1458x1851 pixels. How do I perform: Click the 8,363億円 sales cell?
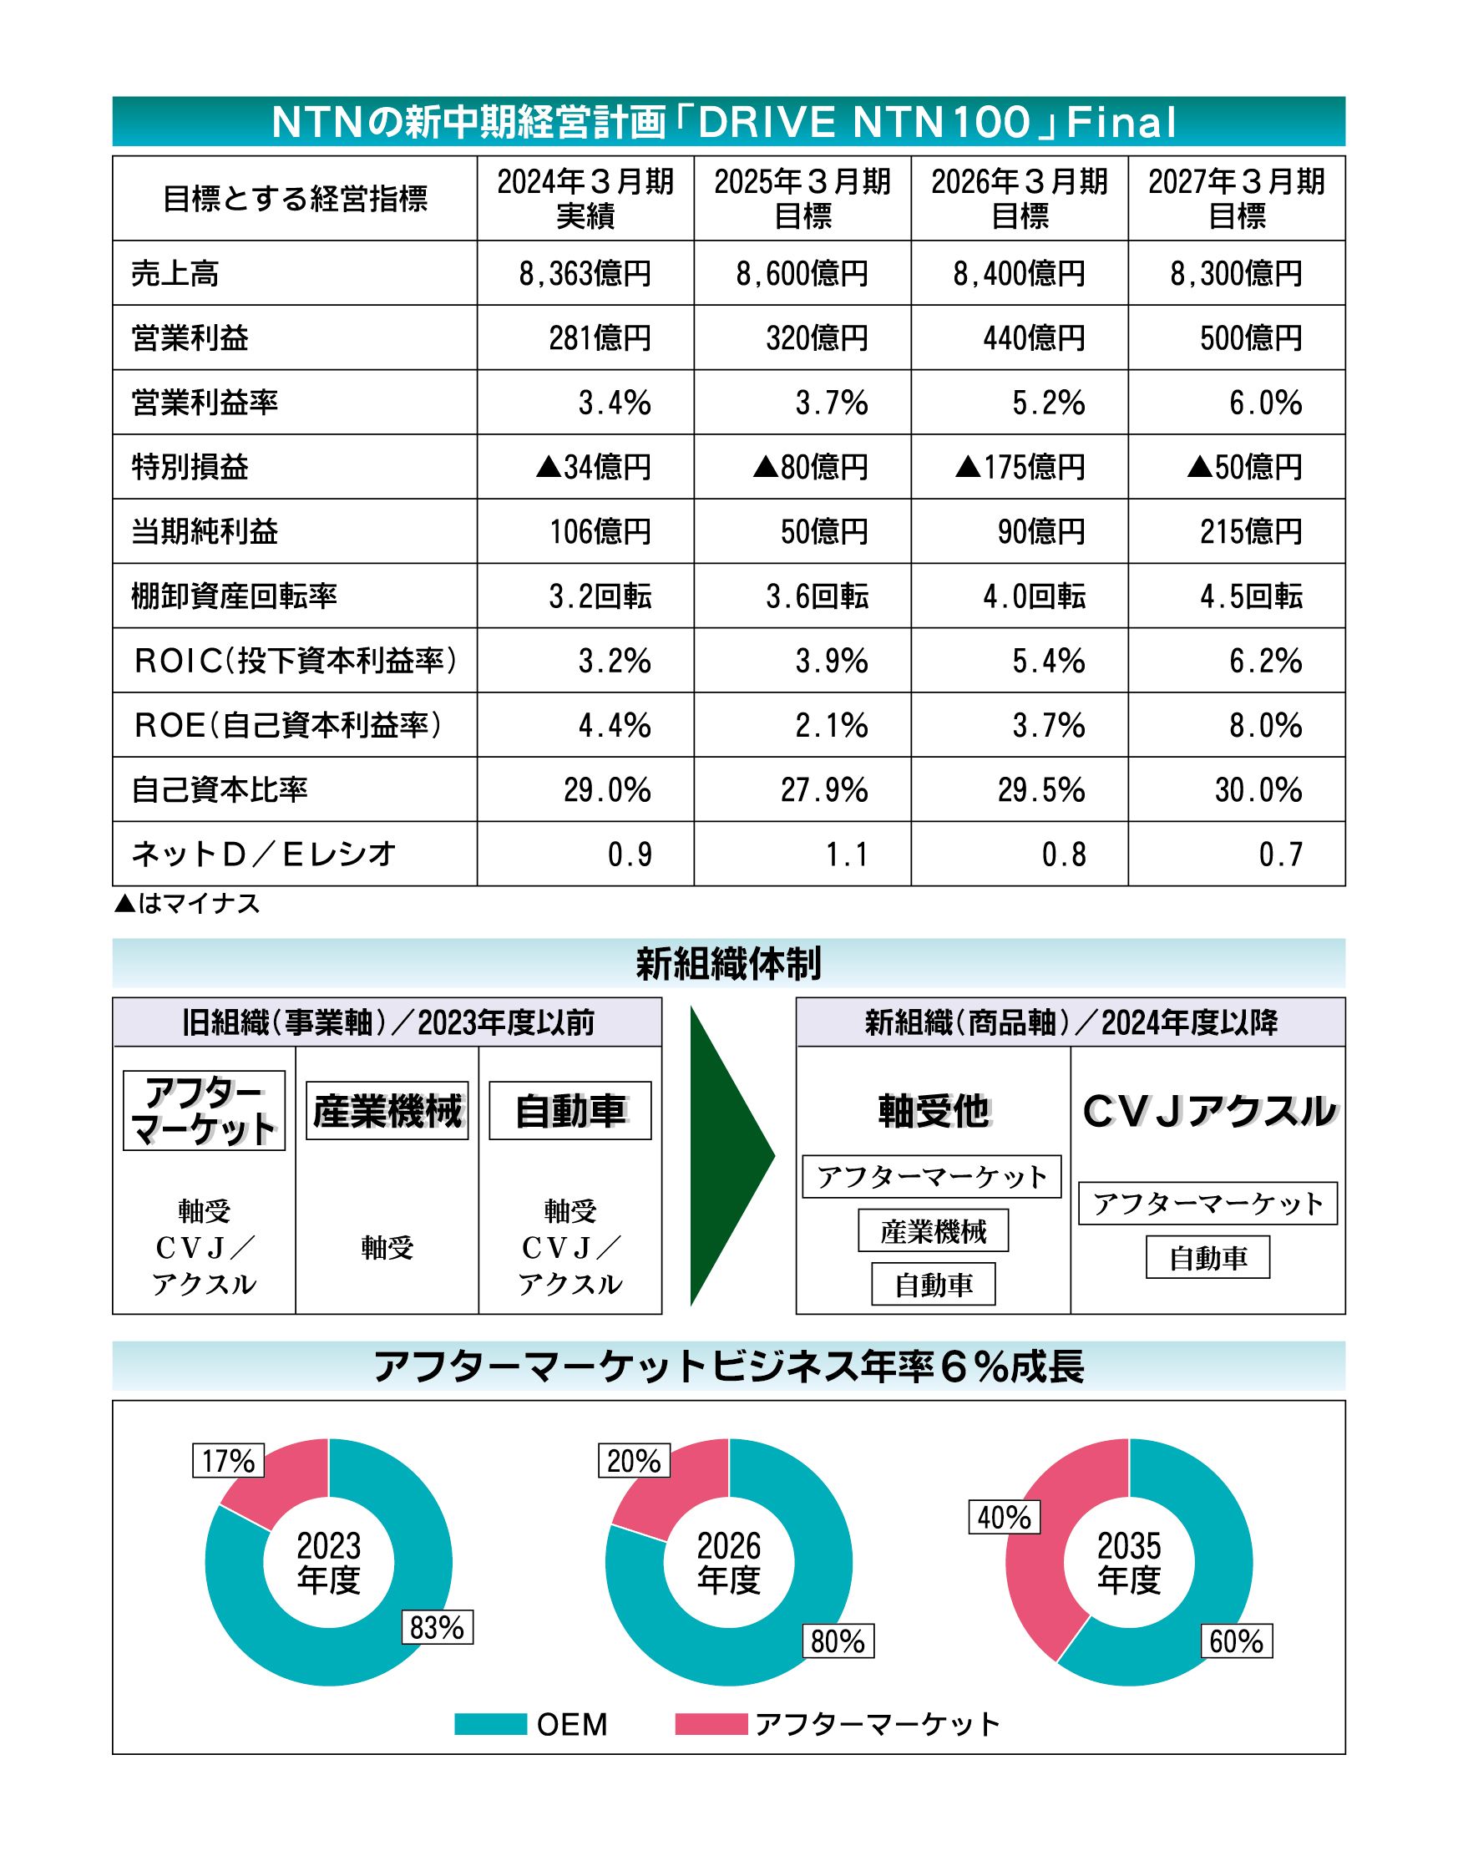pos(585,274)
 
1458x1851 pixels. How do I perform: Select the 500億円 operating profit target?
pos(1251,338)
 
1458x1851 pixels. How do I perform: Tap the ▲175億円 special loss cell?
pos(1020,467)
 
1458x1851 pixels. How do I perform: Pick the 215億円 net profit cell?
pos(1251,532)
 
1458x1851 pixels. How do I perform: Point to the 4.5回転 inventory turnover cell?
pos(1251,596)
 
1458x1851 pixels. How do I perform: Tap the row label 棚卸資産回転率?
pos(234,596)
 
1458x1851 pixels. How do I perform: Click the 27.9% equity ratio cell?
pos(823,789)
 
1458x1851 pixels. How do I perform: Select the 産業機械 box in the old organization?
pos(387,1111)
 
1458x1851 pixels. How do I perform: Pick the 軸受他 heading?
pos(933,1111)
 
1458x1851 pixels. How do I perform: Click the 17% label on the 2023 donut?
pos(228,1461)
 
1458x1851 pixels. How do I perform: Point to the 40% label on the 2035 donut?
pos(1004,1517)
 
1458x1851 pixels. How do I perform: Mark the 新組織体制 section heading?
pos(728,963)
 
